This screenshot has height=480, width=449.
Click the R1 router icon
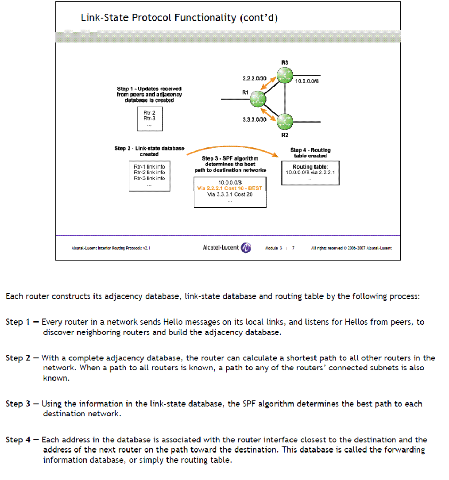[x=257, y=99]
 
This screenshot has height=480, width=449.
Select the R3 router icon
[x=285, y=75]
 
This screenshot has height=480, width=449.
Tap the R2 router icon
[x=285, y=121]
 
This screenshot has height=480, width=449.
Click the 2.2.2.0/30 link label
[x=254, y=78]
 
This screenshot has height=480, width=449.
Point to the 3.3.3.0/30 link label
[x=254, y=120]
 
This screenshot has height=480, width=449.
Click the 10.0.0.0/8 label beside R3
[x=307, y=81]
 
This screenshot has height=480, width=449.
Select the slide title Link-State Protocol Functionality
[x=179, y=18]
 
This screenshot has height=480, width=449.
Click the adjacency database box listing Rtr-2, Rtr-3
[x=149, y=119]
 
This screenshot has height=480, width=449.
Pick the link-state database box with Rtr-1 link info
[x=149, y=175]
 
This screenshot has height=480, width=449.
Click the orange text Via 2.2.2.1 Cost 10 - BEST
[x=229, y=188]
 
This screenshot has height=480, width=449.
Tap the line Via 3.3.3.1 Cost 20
[x=230, y=194]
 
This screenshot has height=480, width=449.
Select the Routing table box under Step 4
[x=310, y=173]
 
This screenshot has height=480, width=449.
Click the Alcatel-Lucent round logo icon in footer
[x=246, y=248]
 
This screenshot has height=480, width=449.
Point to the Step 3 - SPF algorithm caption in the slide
[x=230, y=164]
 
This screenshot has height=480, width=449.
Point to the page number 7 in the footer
[x=293, y=248]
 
